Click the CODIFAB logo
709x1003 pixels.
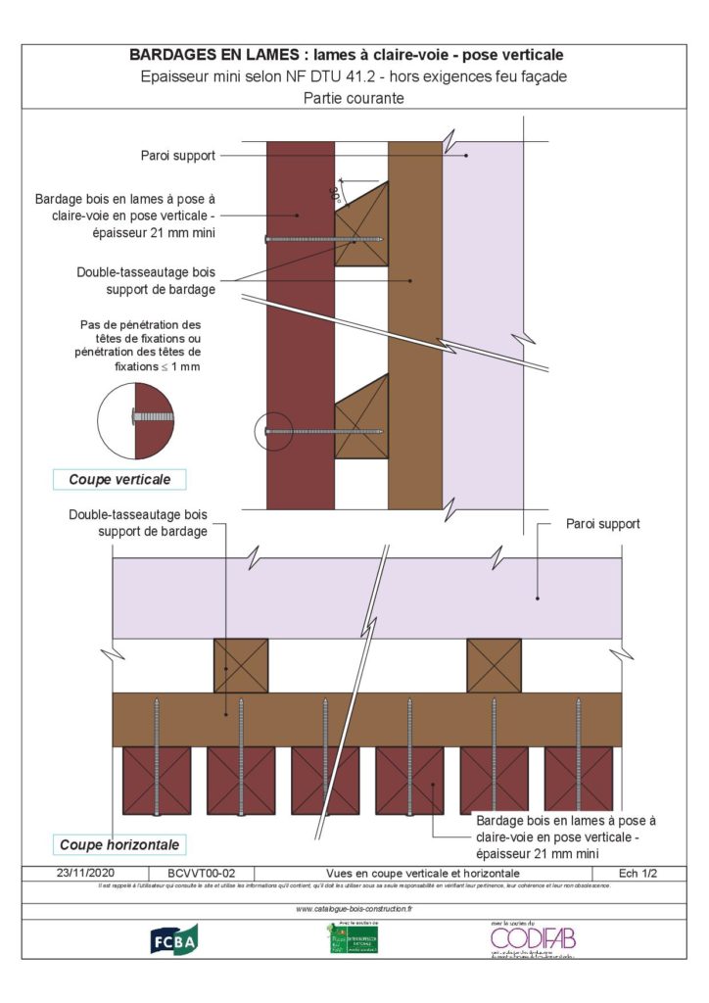click(533, 938)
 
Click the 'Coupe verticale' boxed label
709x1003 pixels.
click(119, 480)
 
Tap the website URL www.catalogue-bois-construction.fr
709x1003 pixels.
click(354, 909)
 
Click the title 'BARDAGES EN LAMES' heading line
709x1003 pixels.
click(354, 55)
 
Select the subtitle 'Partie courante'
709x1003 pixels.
click(354, 98)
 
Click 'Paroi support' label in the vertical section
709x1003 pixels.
click(177, 155)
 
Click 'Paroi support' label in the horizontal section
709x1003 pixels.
click(602, 524)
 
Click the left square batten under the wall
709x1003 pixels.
click(241, 666)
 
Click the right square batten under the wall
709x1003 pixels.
click(494, 666)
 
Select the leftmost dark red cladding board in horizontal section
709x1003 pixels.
click(157, 781)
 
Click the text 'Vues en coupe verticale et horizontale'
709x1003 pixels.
click(422, 873)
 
